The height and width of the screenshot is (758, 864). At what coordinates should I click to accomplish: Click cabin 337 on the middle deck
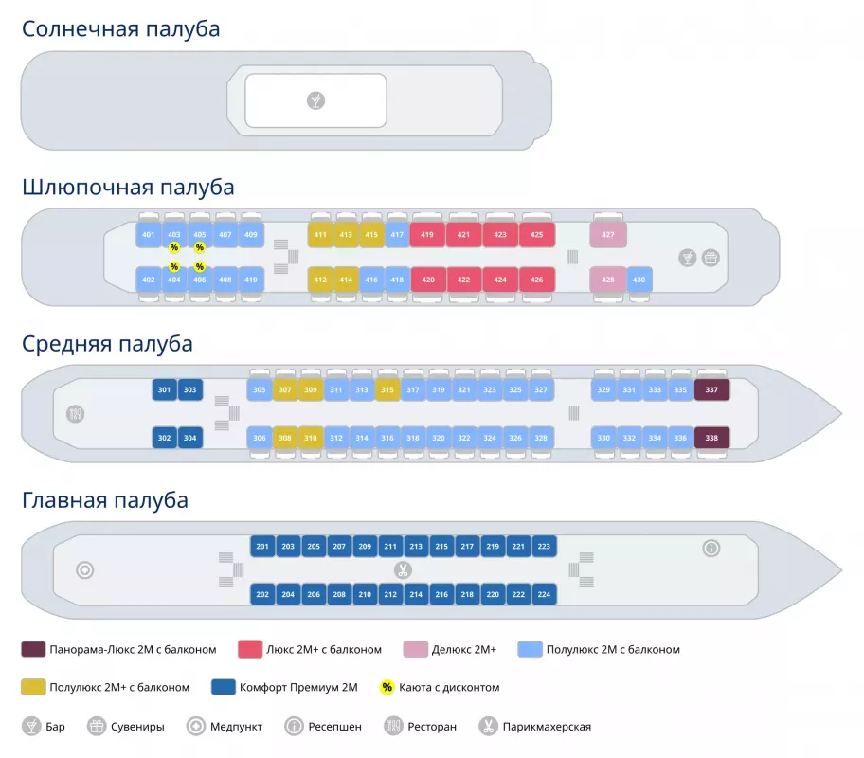click(712, 389)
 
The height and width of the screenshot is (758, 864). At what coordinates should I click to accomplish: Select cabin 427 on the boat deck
click(608, 234)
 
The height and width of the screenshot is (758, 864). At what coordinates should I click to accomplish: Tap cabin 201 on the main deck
click(262, 547)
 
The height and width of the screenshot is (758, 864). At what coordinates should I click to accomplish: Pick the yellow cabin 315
click(387, 389)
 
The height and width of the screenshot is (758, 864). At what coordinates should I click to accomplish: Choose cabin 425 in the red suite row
click(537, 234)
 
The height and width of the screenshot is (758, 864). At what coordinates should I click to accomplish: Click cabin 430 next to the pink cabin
click(639, 280)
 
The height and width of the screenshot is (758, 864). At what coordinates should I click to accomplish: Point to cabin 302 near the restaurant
click(164, 438)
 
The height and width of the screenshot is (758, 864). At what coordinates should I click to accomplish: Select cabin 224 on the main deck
click(544, 594)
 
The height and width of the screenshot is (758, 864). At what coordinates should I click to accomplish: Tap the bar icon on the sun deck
click(315, 99)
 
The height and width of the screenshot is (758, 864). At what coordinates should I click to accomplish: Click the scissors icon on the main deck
click(403, 570)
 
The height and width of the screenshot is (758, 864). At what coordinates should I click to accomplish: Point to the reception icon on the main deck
click(711, 548)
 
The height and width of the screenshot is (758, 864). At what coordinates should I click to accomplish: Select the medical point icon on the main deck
click(85, 570)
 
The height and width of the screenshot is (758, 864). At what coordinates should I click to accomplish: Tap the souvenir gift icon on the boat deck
click(710, 257)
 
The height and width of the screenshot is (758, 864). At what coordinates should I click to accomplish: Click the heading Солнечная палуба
click(121, 29)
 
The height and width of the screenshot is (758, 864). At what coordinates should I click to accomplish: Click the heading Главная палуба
click(105, 499)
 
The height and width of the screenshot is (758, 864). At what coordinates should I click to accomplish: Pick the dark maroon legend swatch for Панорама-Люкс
click(33, 649)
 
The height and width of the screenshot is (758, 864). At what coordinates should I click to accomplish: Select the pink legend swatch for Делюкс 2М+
click(414, 649)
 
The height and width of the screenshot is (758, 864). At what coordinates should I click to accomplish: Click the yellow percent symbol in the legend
click(387, 687)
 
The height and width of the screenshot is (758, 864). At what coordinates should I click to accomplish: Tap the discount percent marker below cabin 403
click(174, 248)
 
